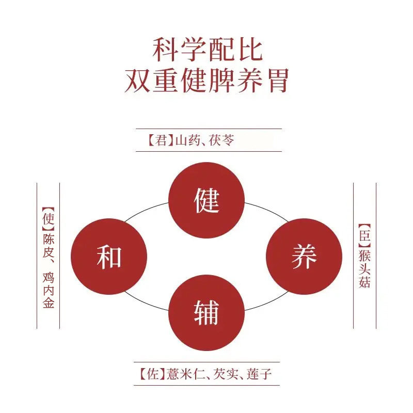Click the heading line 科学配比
pyautogui.click(x=207, y=51)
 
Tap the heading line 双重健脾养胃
pyautogui.click(x=206, y=81)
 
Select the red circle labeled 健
pyautogui.click(x=207, y=200)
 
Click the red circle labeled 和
pyautogui.click(x=109, y=257)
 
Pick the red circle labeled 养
pyautogui.click(x=304, y=257)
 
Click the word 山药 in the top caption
pyautogui.click(x=186, y=140)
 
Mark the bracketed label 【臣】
pyautogui.click(x=364, y=233)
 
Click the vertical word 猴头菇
pyautogui.click(x=364, y=269)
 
